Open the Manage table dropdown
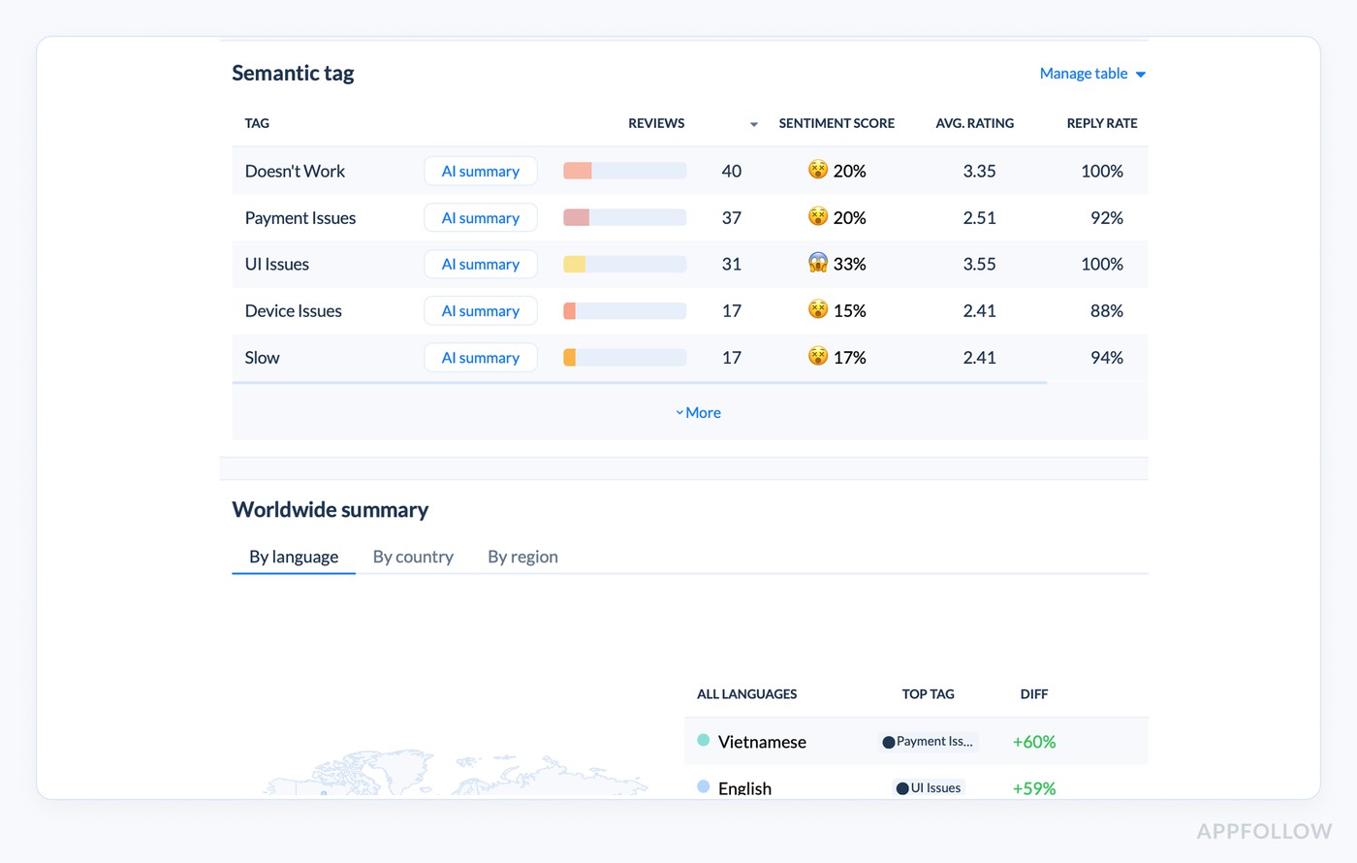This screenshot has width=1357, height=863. click(x=1092, y=74)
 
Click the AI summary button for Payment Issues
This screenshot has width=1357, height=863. click(x=481, y=218)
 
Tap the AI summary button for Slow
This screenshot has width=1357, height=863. click(x=481, y=358)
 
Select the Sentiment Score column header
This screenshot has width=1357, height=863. click(x=836, y=123)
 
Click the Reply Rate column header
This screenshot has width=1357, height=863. click(x=1102, y=123)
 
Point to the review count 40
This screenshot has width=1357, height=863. click(x=732, y=172)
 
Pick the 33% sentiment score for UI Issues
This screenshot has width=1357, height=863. click(x=849, y=264)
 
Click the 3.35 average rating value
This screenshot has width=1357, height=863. click(x=979, y=172)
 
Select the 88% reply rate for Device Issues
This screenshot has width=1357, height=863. click(x=1106, y=311)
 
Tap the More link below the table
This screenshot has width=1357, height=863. click(x=699, y=413)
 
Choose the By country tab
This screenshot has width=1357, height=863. click(x=413, y=557)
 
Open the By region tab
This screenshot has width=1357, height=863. click(x=522, y=557)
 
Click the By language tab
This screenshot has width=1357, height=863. click(x=294, y=557)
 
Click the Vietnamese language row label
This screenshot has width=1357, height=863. click(x=762, y=742)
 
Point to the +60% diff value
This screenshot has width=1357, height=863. click(x=1034, y=742)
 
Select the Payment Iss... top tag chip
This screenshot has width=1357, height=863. click(x=929, y=742)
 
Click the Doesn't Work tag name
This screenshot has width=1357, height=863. click(x=295, y=172)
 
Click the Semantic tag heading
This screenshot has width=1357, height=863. click(x=293, y=74)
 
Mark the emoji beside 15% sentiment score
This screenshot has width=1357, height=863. click(x=818, y=310)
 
